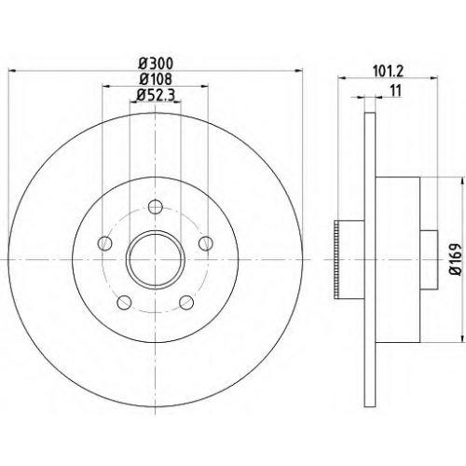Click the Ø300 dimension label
pos(156,63)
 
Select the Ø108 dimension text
pos(156,79)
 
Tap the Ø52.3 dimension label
pos(156,95)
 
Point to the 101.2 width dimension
pos(388,72)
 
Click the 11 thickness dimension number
pos(395,90)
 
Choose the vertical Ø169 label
pos(456,259)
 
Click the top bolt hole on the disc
pos(155,206)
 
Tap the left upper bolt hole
pos(104,243)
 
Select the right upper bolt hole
pos(206,243)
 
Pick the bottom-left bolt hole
pos(124,302)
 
